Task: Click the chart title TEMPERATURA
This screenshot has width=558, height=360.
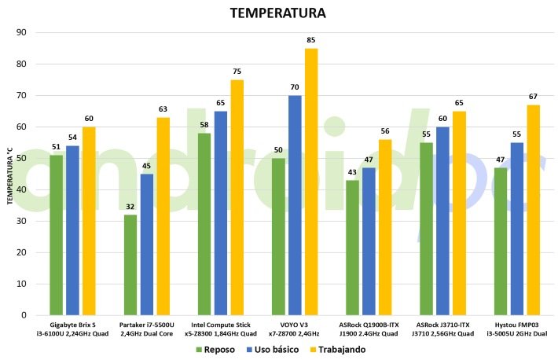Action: coord(277,13)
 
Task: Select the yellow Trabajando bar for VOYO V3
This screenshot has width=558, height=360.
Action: coord(311,182)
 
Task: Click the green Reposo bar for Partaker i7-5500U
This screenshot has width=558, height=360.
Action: coord(130,264)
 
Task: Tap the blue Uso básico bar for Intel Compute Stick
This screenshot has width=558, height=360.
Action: coord(221,213)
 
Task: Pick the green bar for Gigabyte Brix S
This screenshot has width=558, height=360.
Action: coord(56,235)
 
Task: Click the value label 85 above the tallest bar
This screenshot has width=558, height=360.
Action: coord(311,40)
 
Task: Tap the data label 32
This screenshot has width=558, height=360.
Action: coord(130,207)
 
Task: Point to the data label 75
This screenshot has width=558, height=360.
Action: coord(237,72)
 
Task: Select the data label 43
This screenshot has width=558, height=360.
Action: coord(351,172)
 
